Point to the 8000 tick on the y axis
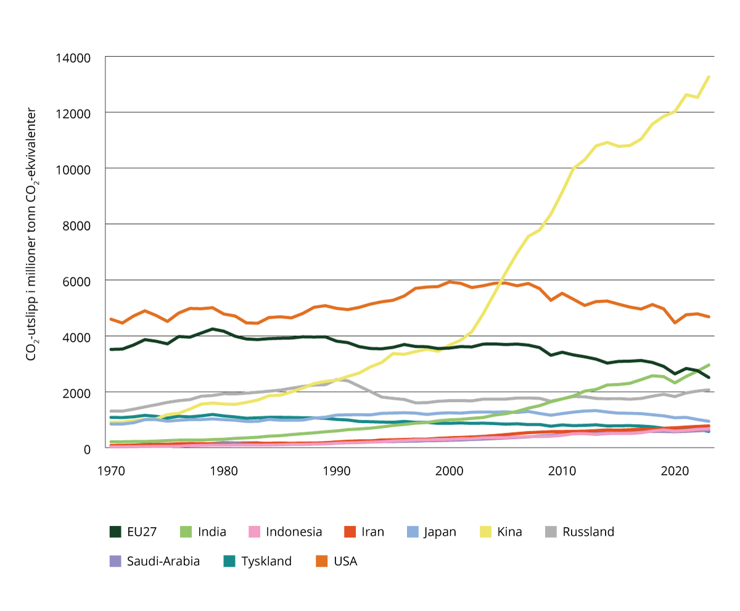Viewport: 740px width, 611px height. [x=77, y=225]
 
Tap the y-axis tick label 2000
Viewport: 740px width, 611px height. [x=77, y=393]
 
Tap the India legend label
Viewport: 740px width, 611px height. [x=212, y=531]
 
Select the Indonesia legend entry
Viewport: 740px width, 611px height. [x=294, y=531]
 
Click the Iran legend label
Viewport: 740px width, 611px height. [x=372, y=531]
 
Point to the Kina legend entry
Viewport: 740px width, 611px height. [x=509, y=531]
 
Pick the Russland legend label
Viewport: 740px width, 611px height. [x=588, y=531]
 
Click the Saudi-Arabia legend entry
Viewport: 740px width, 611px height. [x=163, y=561]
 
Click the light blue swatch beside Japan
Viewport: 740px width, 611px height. [x=412, y=531]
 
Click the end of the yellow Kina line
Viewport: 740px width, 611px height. [x=709, y=76]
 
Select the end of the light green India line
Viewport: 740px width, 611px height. [x=709, y=365]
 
